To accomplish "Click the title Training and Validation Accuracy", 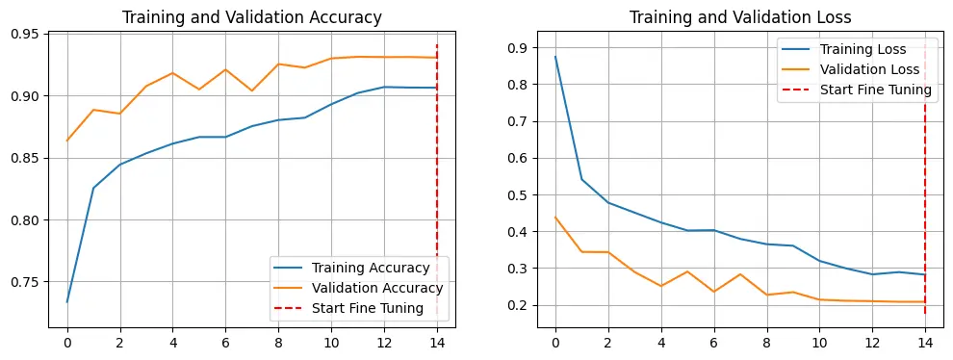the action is coord(251,17).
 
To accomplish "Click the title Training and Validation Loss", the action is coord(739,17).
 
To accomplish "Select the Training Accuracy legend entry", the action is coord(352,268).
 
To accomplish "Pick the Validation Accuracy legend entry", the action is coord(359,288).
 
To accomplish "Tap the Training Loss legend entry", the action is coord(844,49).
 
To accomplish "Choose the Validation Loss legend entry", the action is coord(851,69).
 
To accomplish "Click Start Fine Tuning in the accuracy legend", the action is coord(348,308).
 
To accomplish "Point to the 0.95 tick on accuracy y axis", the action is coord(27,34).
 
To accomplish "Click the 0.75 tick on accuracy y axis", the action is coord(27,282).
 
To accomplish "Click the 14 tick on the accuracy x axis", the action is coord(436,343).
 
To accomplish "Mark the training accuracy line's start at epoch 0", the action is coord(66,301).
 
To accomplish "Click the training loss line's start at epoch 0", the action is coord(555,57).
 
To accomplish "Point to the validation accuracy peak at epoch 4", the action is coord(172,73).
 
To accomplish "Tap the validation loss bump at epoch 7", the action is coord(740,274).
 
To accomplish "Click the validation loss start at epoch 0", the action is coord(555,218).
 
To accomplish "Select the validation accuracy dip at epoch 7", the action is coord(252,90).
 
